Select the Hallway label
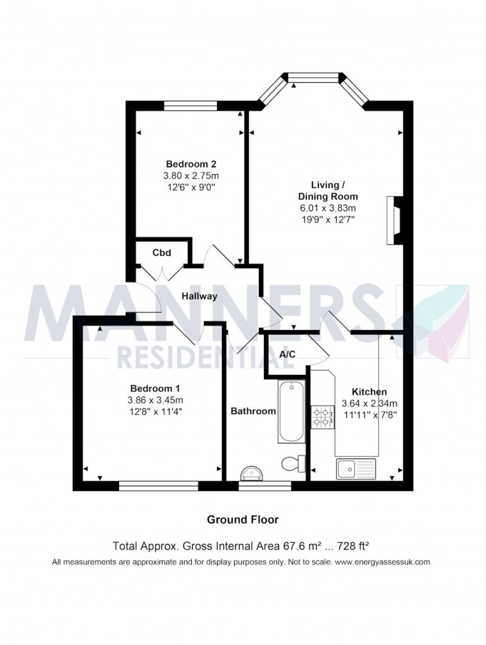coord(199,296)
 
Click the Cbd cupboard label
coord(161,252)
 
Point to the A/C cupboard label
coord(287,355)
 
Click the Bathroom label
coord(253,411)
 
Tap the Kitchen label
coord(369,391)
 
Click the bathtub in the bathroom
coord(292,412)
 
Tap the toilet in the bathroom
coord(292,464)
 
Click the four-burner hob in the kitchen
coord(322,415)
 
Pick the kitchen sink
coord(356,469)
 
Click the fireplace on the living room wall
coord(393,220)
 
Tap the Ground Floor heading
coord(242,520)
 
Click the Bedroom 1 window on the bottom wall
coord(158,486)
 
